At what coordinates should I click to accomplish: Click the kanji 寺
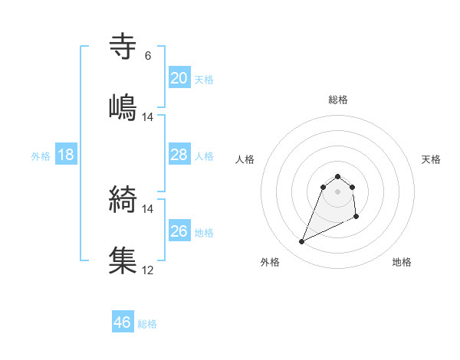point(123,47)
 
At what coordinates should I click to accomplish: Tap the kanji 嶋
point(123,106)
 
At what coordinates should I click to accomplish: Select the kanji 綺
point(123,199)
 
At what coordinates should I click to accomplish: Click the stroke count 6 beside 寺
point(148,56)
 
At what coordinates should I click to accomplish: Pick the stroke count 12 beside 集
point(148,270)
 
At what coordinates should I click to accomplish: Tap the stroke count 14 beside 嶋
point(148,117)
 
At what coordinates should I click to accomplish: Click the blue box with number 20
point(179,78)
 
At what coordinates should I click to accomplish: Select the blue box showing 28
point(179,155)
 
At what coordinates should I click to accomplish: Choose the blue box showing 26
point(179,231)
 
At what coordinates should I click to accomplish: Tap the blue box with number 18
point(66,155)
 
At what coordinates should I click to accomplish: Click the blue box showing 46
point(123,322)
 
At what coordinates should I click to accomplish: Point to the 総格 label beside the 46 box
point(147,324)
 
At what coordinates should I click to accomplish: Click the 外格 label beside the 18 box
point(41,156)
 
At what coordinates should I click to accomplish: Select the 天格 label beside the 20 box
point(204,80)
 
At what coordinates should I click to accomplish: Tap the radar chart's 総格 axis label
point(338,100)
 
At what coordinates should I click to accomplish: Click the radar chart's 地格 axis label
point(402,262)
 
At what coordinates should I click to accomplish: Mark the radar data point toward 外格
point(301,242)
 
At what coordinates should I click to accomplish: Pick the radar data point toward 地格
point(357,218)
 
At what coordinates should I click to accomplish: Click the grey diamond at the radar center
point(338,191)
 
